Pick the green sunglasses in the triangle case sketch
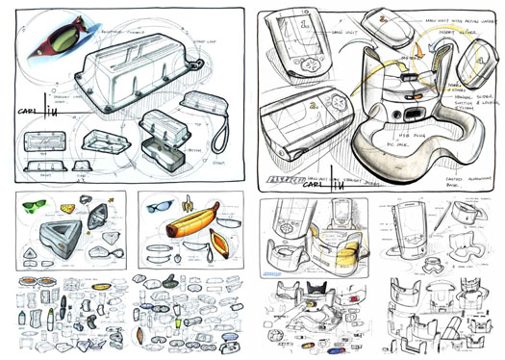click(32, 205)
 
